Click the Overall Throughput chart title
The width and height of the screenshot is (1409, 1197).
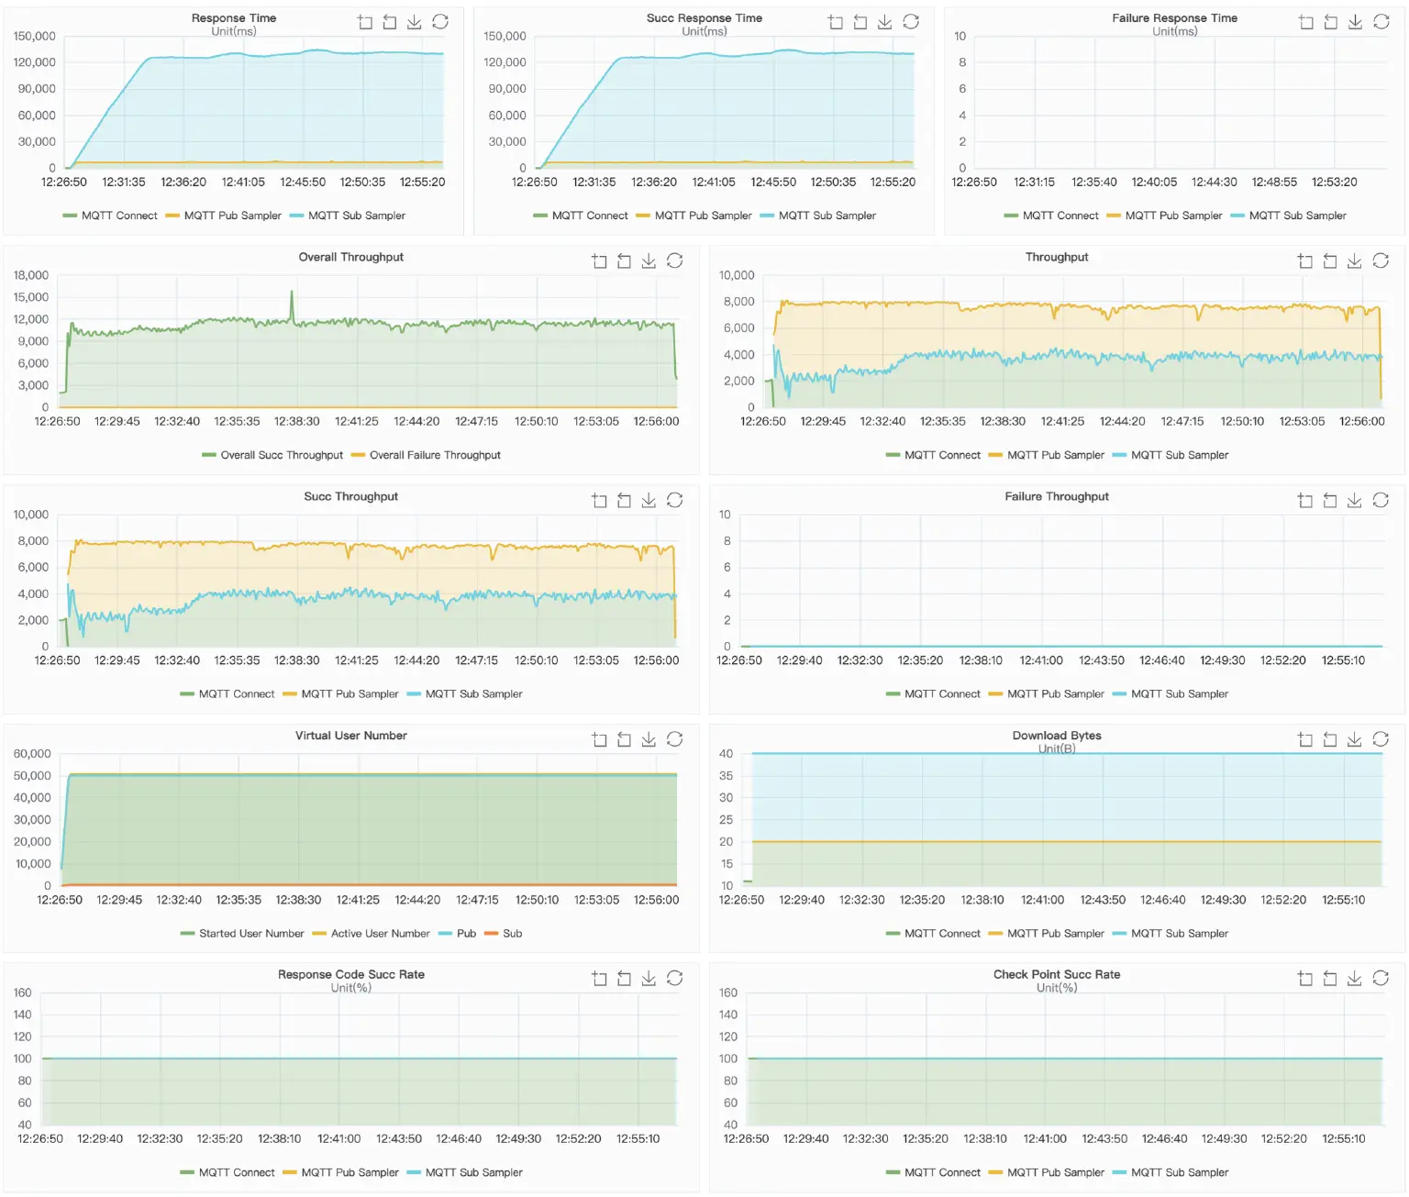tap(350, 257)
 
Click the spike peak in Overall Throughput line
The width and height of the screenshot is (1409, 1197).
tap(292, 293)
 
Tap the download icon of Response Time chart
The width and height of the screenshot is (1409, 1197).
tap(415, 22)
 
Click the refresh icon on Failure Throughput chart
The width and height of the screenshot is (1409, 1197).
tap(1381, 500)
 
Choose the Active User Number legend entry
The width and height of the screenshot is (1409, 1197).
tap(379, 934)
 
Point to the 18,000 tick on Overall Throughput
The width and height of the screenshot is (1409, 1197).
tap(31, 275)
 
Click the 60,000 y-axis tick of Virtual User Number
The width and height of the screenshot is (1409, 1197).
tap(32, 754)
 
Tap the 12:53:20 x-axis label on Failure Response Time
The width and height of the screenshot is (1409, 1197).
tap(1334, 183)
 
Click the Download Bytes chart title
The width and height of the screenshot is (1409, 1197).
tap(1057, 736)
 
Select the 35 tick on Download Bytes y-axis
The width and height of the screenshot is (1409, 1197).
tap(727, 776)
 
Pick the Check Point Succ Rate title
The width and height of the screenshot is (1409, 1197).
tap(1057, 974)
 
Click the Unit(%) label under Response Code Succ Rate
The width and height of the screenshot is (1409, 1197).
tap(350, 988)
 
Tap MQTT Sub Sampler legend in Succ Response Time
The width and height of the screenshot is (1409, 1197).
tap(826, 216)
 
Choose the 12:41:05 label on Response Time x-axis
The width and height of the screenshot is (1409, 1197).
tap(243, 183)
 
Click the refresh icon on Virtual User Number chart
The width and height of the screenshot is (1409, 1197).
tap(674, 739)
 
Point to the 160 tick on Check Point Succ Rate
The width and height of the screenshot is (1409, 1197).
tap(728, 992)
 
